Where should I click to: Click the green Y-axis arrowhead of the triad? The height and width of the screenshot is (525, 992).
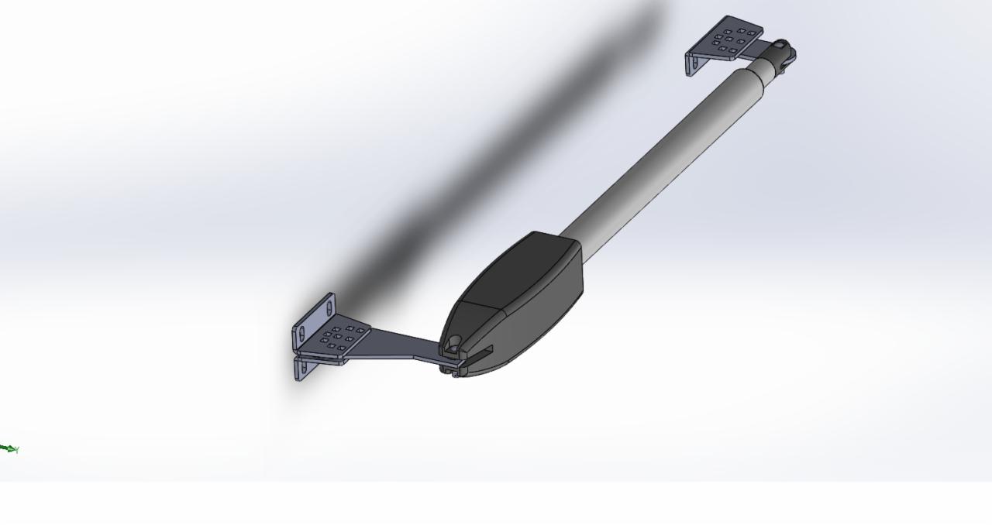tap(5, 448)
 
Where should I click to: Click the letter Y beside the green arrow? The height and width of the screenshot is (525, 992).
tap(16, 450)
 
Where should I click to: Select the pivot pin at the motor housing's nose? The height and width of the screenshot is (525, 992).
tap(454, 342)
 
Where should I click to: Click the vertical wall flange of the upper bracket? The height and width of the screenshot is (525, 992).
tap(691, 63)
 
